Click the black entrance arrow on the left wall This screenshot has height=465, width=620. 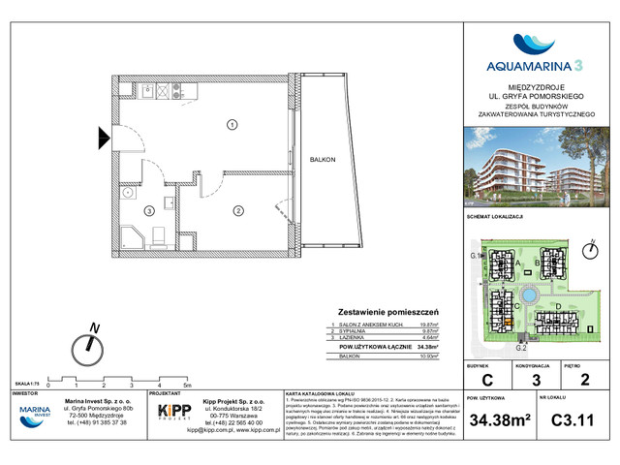[106, 139]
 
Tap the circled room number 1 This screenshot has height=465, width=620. [232, 123]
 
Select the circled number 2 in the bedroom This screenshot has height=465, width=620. [236, 211]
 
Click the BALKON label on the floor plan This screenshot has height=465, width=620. [310, 158]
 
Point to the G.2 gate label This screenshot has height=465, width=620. [520, 347]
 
